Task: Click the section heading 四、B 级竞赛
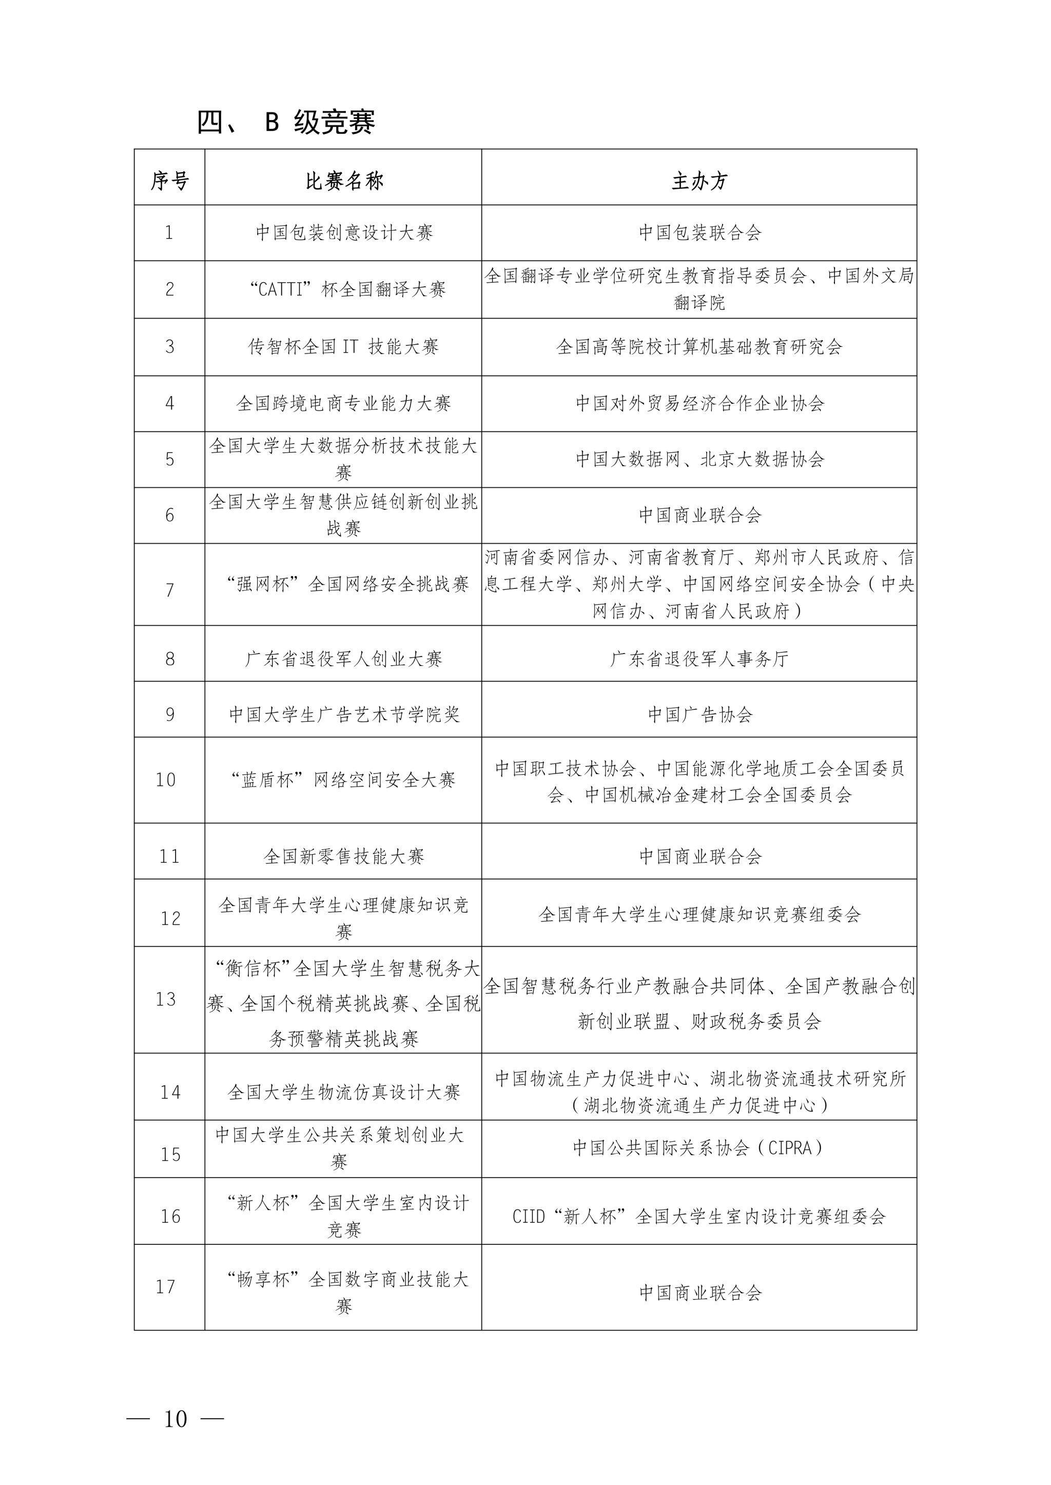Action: (x=286, y=122)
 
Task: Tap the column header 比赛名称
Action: (x=344, y=181)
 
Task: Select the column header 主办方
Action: (x=699, y=181)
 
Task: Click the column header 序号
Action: (x=169, y=181)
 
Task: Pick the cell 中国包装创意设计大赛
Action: (x=344, y=233)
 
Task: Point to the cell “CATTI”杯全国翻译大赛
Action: (x=347, y=289)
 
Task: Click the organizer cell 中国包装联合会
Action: (x=699, y=233)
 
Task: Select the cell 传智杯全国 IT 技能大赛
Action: (x=344, y=347)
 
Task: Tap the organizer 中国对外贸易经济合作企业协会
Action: (x=699, y=404)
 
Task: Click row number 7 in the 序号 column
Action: (x=169, y=590)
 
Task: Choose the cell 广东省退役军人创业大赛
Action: (x=344, y=659)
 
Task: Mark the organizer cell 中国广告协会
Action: (x=699, y=715)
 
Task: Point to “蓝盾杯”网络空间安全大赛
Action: (x=344, y=780)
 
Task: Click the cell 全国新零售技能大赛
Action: (x=344, y=856)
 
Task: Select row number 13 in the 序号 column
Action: (x=166, y=999)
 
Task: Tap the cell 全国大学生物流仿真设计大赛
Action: (x=344, y=1093)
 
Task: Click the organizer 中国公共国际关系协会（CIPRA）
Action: (x=699, y=1148)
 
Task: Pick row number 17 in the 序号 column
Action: (x=166, y=1287)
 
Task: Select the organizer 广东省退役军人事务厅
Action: (x=699, y=659)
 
